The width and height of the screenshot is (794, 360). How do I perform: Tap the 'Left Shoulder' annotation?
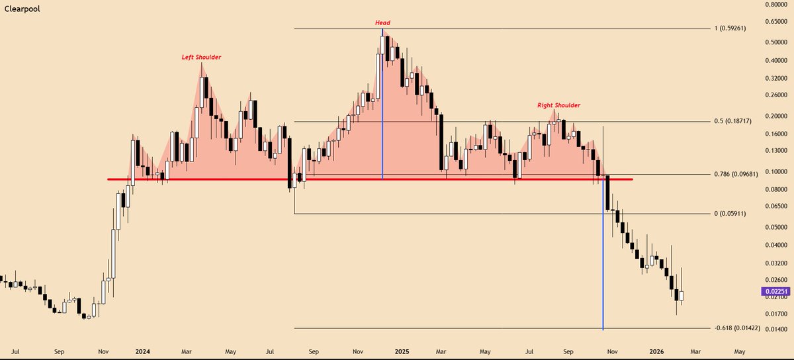tap(202, 58)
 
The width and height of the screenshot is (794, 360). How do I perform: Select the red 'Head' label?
tap(382, 23)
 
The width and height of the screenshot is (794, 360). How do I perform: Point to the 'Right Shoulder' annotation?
tap(558, 105)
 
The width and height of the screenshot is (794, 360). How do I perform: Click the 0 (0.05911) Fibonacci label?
tap(734, 214)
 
